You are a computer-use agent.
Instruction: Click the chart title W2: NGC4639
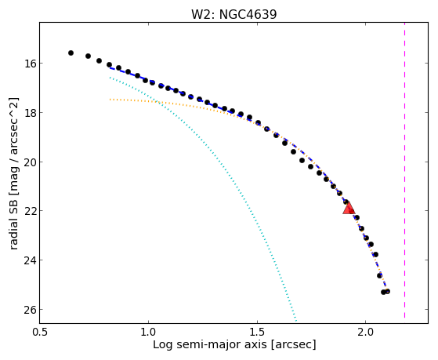233,14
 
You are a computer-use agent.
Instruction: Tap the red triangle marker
349,208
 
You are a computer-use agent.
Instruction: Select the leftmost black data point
71,53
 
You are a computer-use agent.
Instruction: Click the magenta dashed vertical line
404,170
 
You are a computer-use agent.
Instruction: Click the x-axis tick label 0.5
40,333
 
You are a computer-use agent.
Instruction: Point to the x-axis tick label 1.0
148,333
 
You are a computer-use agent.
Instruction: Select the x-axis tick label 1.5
257,333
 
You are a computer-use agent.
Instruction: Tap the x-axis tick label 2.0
365,333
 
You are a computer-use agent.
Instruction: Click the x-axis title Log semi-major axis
209,344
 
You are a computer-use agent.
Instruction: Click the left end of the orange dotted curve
110,100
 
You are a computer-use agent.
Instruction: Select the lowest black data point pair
386,292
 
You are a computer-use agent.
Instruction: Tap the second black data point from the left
88,56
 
